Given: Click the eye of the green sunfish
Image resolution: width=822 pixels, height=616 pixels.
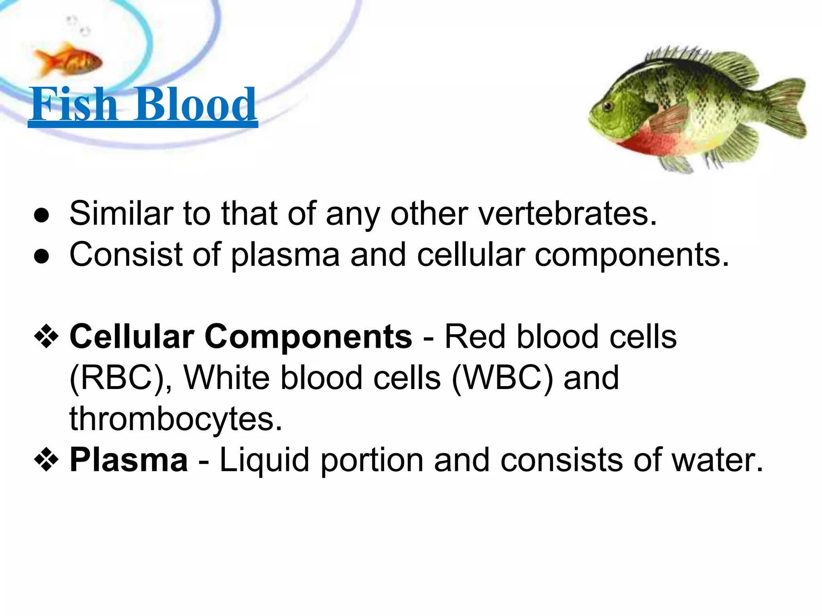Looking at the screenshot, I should pyautogui.click(x=608, y=106).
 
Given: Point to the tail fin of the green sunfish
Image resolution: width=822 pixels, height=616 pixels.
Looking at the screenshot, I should pyautogui.click(x=783, y=108).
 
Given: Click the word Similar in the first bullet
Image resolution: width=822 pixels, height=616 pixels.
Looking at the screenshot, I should pyautogui.click(x=120, y=213).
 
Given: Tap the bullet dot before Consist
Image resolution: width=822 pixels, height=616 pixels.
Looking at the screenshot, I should pyautogui.click(x=42, y=256).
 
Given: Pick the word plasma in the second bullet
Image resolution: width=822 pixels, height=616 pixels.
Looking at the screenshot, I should pyautogui.click(x=285, y=256).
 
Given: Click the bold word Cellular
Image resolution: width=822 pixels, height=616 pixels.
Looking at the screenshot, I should pyautogui.click(x=132, y=336).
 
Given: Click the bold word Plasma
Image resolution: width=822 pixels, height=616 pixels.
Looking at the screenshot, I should pyautogui.click(x=129, y=460).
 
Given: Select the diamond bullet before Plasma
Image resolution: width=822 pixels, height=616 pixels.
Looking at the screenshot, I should pyautogui.click(x=47, y=460).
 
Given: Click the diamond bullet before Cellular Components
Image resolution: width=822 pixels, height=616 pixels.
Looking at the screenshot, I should pyautogui.click(x=47, y=336).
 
